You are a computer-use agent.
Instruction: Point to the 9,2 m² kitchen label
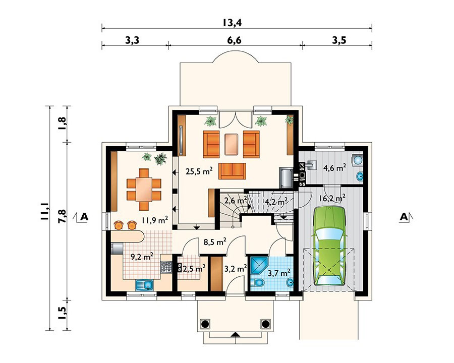(142, 257)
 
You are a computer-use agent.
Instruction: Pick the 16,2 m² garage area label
(333, 198)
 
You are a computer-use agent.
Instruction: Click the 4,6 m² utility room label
(334, 166)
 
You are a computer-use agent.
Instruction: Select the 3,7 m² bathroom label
(278, 272)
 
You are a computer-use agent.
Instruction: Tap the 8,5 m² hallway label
(214, 241)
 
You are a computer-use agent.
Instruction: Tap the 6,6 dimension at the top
(235, 40)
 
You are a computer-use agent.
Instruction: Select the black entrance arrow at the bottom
(235, 334)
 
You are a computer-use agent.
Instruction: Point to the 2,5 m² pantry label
(193, 269)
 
